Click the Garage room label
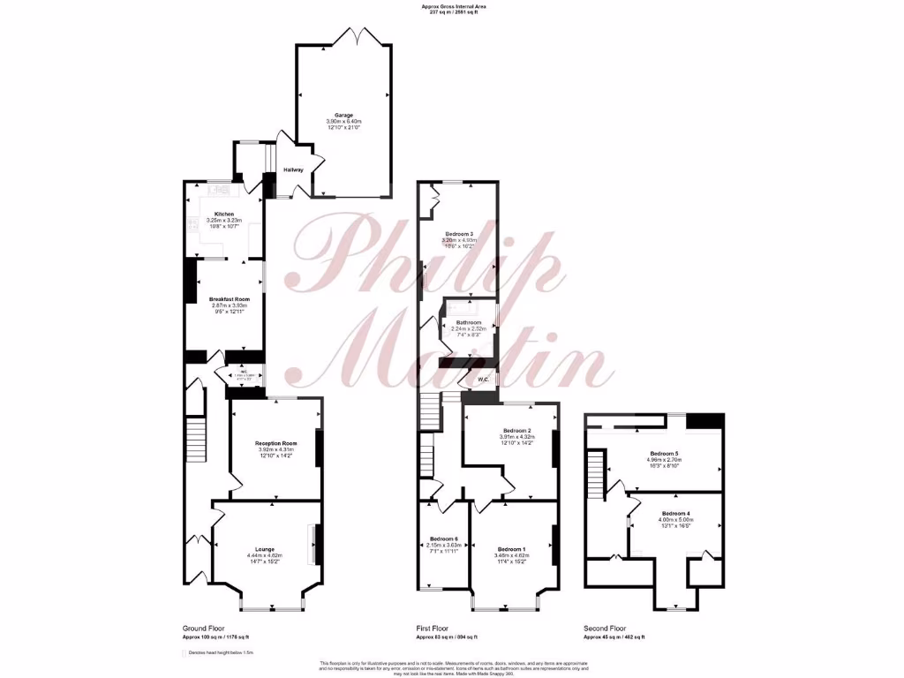pyautogui.click(x=343, y=116)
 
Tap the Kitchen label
pyautogui.click(x=223, y=214)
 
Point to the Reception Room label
pyautogui.click(x=275, y=443)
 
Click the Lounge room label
pyautogui.click(x=264, y=548)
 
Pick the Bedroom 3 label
pyautogui.click(x=459, y=233)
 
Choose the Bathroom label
pyautogui.click(x=469, y=323)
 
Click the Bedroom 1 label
pyautogui.click(x=511, y=548)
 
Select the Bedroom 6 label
pyautogui.click(x=444, y=539)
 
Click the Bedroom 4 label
pyautogui.click(x=675, y=514)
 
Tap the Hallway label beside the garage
pyautogui.click(x=293, y=169)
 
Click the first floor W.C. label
pyautogui.click(x=481, y=381)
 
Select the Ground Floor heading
pyautogui.click(x=200, y=629)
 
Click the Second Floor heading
pyautogui.click(x=603, y=629)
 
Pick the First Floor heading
pyautogui.click(x=433, y=629)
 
